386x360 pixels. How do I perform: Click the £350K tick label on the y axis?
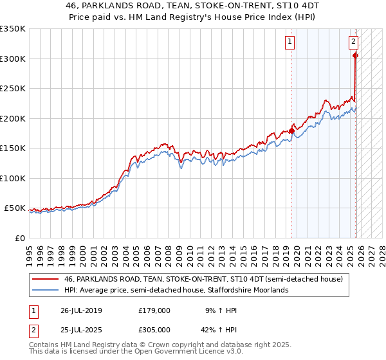point(13,29)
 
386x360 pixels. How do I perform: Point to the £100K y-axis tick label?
point(13,178)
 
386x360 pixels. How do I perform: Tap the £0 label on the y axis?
point(20,238)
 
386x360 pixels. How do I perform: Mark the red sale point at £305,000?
point(355,56)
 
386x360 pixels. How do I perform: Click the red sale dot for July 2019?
point(291,131)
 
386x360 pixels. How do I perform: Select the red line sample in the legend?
point(46,279)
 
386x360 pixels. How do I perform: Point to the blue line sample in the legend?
point(46,290)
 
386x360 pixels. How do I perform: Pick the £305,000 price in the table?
point(154,329)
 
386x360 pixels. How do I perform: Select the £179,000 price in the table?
point(154,310)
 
